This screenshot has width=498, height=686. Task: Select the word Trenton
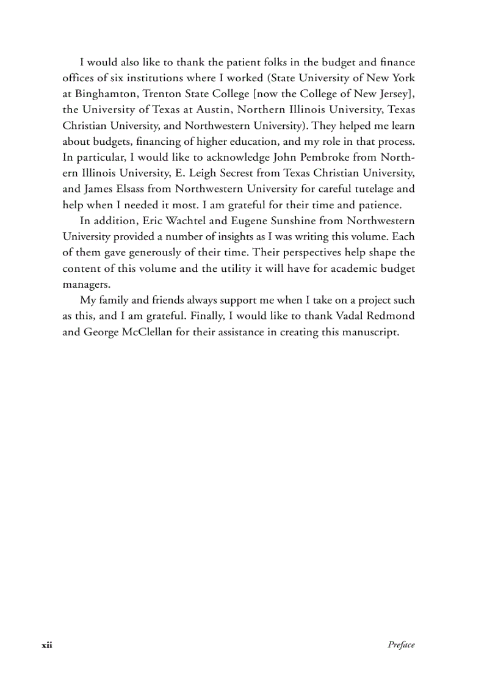(x=162, y=94)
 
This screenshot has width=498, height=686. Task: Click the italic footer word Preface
(x=401, y=645)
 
